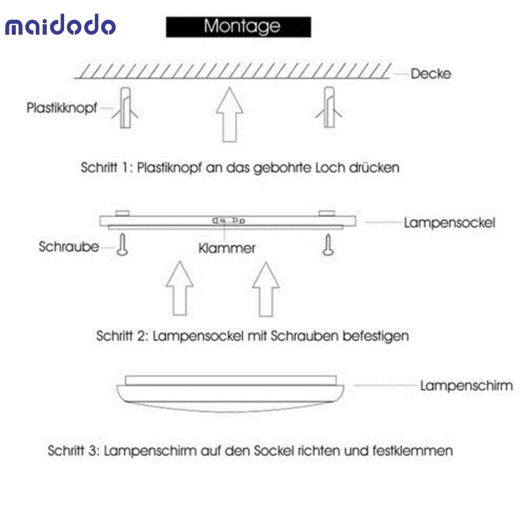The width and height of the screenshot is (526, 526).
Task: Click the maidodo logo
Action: pos(60,25)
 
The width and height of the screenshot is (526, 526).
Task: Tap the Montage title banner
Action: pos(238,27)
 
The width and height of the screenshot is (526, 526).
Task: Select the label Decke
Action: pos(431,74)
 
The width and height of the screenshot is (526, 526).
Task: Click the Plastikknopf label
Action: pos(62,108)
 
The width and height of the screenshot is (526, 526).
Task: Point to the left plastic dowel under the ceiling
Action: pos(125,108)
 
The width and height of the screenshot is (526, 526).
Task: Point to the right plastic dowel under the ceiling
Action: pos(329,107)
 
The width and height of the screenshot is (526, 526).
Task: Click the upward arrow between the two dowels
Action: pos(230,115)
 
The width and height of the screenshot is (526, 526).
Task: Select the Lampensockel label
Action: pos(450,222)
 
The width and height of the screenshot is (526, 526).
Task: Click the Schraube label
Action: pos(69,247)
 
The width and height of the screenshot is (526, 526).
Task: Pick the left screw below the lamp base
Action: pos(123,245)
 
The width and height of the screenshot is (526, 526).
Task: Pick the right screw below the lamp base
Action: pos(328,245)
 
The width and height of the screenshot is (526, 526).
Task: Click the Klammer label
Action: pos(227,249)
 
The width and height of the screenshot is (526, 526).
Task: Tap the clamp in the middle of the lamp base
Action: pos(229,221)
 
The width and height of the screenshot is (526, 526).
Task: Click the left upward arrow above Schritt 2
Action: pos(180,288)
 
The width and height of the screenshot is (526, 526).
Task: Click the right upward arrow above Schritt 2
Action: pos(266,289)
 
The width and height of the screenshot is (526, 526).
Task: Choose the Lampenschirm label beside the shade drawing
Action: pos(467,386)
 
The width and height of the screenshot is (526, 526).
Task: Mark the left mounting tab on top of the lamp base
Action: pos(123,214)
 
